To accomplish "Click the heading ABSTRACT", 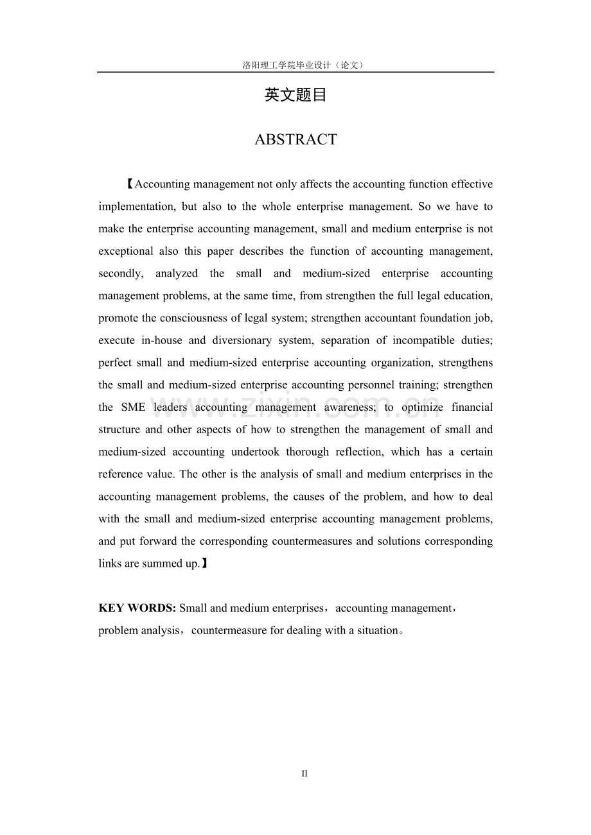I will pos(295,139).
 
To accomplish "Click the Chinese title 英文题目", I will pos(295,96).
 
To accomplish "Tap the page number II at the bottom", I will pos(304,774).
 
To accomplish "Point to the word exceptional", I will pos(125,251).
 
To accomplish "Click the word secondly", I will pos(120,273).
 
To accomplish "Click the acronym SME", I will pos(133,407).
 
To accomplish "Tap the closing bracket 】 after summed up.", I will pos(204,564).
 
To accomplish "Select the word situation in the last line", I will pos(374,630).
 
